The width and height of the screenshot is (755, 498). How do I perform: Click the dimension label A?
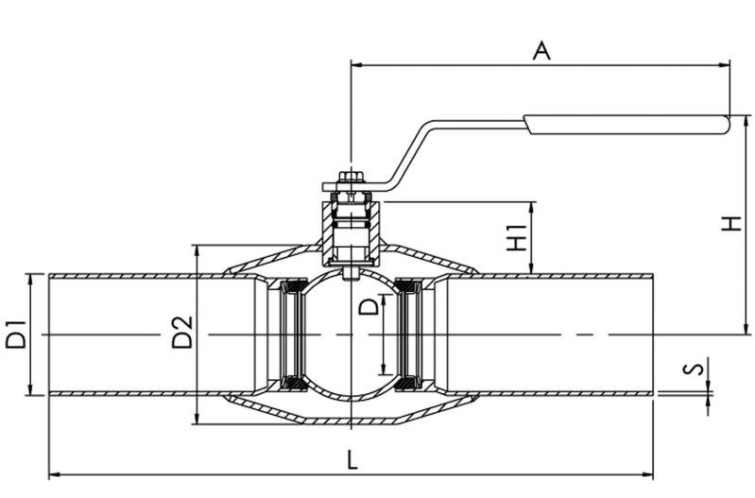coord(541,51)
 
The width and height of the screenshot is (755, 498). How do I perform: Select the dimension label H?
coord(731,223)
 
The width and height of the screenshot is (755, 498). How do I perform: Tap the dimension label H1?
coord(517,237)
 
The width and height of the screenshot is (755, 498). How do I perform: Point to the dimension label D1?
coord(15,334)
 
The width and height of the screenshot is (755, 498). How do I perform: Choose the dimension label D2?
coord(182,332)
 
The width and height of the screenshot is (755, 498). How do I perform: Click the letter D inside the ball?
coord(369,306)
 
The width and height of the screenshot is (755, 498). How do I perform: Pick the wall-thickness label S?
coord(694,369)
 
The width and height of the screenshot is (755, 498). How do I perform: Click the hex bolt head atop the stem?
coord(352,177)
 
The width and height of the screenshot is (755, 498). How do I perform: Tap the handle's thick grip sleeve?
coord(626,124)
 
